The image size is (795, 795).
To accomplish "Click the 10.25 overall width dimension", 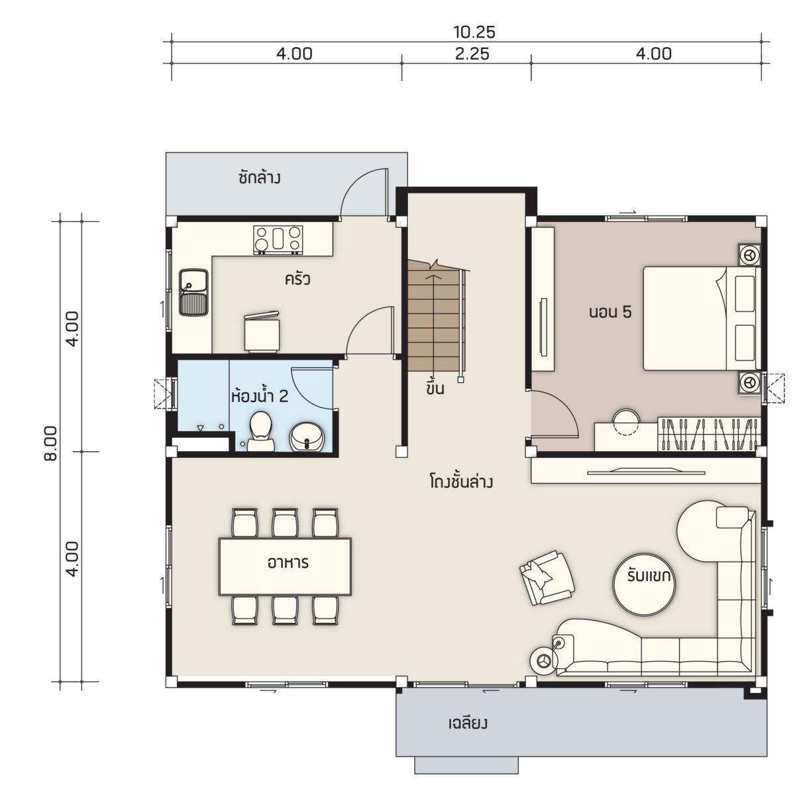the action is pyautogui.click(x=474, y=32).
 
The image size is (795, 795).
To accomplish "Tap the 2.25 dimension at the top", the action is pyautogui.click(x=472, y=54).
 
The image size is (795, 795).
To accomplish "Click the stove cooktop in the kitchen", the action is pyautogui.click(x=278, y=238).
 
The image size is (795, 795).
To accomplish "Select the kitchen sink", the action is pyautogui.click(x=194, y=293).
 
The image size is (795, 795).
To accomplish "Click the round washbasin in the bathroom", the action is pyautogui.click(x=308, y=437).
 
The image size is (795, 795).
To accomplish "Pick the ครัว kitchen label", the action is pyautogui.click(x=297, y=280).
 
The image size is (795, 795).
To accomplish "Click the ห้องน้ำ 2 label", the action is pyautogui.click(x=260, y=396).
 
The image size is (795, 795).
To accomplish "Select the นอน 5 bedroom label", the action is pyautogui.click(x=610, y=312).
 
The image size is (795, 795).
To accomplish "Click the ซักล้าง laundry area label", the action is pyautogui.click(x=260, y=179).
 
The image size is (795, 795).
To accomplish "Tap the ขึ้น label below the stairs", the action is pyautogui.click(x=436, y=388).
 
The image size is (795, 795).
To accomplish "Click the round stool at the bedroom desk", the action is pyautogui.click(x=625, y=421).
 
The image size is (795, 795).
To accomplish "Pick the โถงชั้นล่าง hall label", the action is pyautogui.click(x=461, y=482).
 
